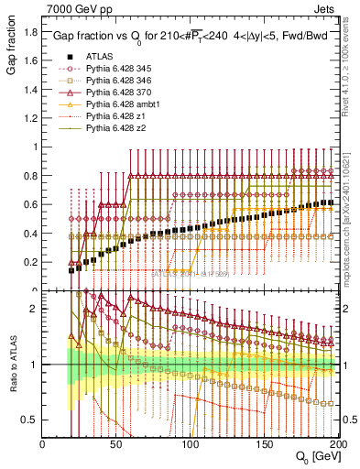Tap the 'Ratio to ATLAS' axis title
point(11,365)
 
